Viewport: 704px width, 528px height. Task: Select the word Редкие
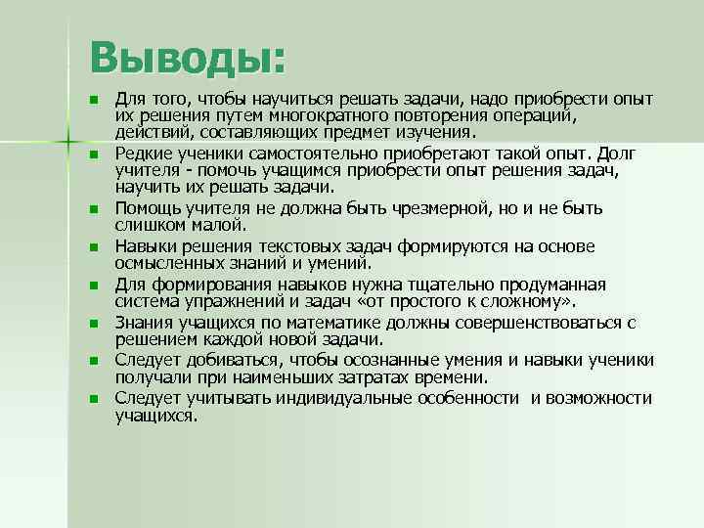point(144,154)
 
